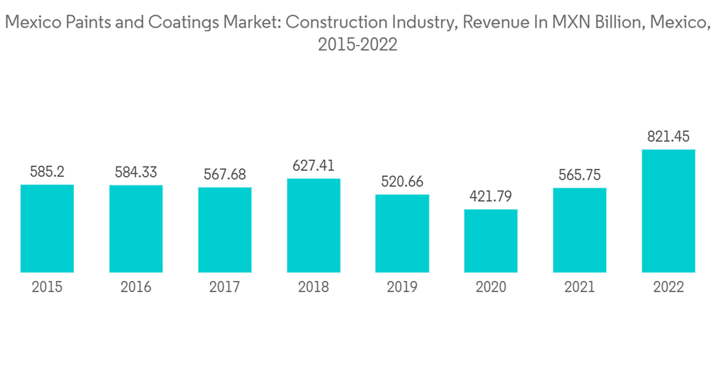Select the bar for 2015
[x=47, y=228]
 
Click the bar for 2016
[x=136, y=229]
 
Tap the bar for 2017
[x=224, y=230]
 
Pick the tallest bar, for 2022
[x=668, y=211]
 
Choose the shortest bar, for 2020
[x=491, y=240]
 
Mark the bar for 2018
[x=313, y=225]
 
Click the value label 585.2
[x=47, y=172]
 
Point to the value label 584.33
[x=136, y=172]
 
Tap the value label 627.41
[x=313, y=166]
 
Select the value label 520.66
[x=402, y=181]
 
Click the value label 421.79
[x=491, y=197]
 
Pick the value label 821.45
[x=668, y=137]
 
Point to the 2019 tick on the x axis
[x=402, y=287]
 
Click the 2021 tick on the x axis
[x=579, y=287]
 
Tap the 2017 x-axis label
[x=224, y=287]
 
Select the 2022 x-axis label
[x=668, y=287]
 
